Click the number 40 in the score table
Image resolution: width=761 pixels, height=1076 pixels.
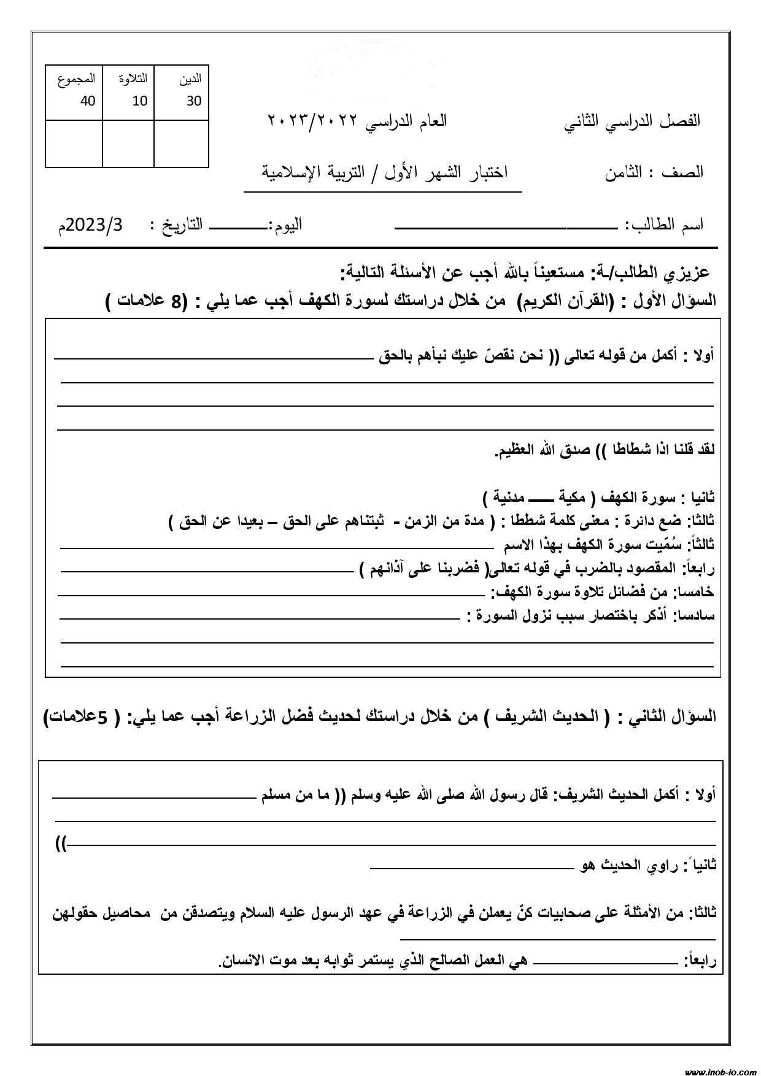coord(88,101)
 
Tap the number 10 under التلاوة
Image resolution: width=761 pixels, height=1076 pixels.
coord(140,101)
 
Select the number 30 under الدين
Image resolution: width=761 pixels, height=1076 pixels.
coord(194,101)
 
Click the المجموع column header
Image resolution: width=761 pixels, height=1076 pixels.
coord(77,79)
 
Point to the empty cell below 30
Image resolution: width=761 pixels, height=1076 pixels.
coord(182,144)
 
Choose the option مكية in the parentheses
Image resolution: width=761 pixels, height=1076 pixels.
coord(572,496)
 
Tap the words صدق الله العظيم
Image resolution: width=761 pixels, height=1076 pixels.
coord(543,450)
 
